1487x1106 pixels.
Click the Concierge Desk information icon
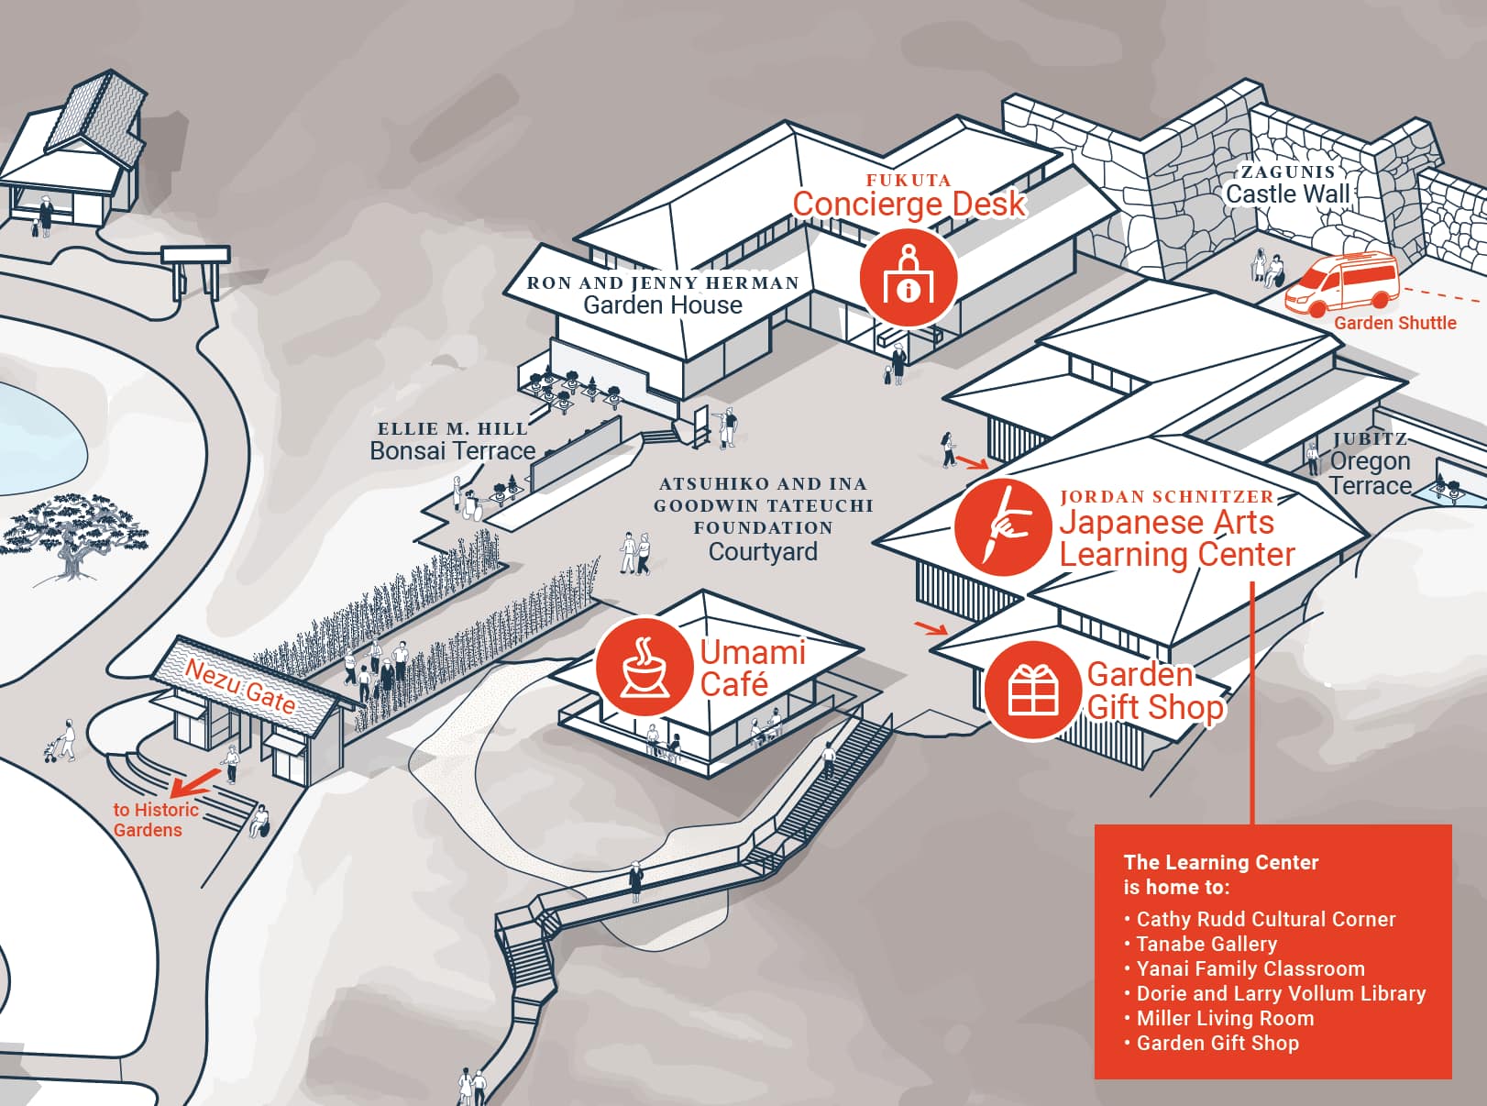tap(908, 277)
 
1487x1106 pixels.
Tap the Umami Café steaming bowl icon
tap(643, 665)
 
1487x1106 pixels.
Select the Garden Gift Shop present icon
tap(1032, 690)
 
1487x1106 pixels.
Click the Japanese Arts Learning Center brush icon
tap(1001, 526)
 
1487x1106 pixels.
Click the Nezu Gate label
tap(240, 687)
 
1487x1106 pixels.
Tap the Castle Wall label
tap(1287, 194)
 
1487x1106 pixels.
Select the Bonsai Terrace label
tap(452, 451)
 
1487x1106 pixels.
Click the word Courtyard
tap(763, 552)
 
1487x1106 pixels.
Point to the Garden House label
tap(663, 305)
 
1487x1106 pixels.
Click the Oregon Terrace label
tap(1371, 473)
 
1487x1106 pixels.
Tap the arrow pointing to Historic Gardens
tap(195, 783)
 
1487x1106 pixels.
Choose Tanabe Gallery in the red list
tap(1206, 944)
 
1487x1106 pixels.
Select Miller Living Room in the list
tap(1225, 1018)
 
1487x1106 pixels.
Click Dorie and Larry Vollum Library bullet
tap(1280, 993)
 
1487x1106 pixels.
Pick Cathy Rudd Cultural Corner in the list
tap(1265, 919)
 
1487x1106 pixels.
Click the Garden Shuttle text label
tap(1394, 323)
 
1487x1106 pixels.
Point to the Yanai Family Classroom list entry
tap(1250, 968)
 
